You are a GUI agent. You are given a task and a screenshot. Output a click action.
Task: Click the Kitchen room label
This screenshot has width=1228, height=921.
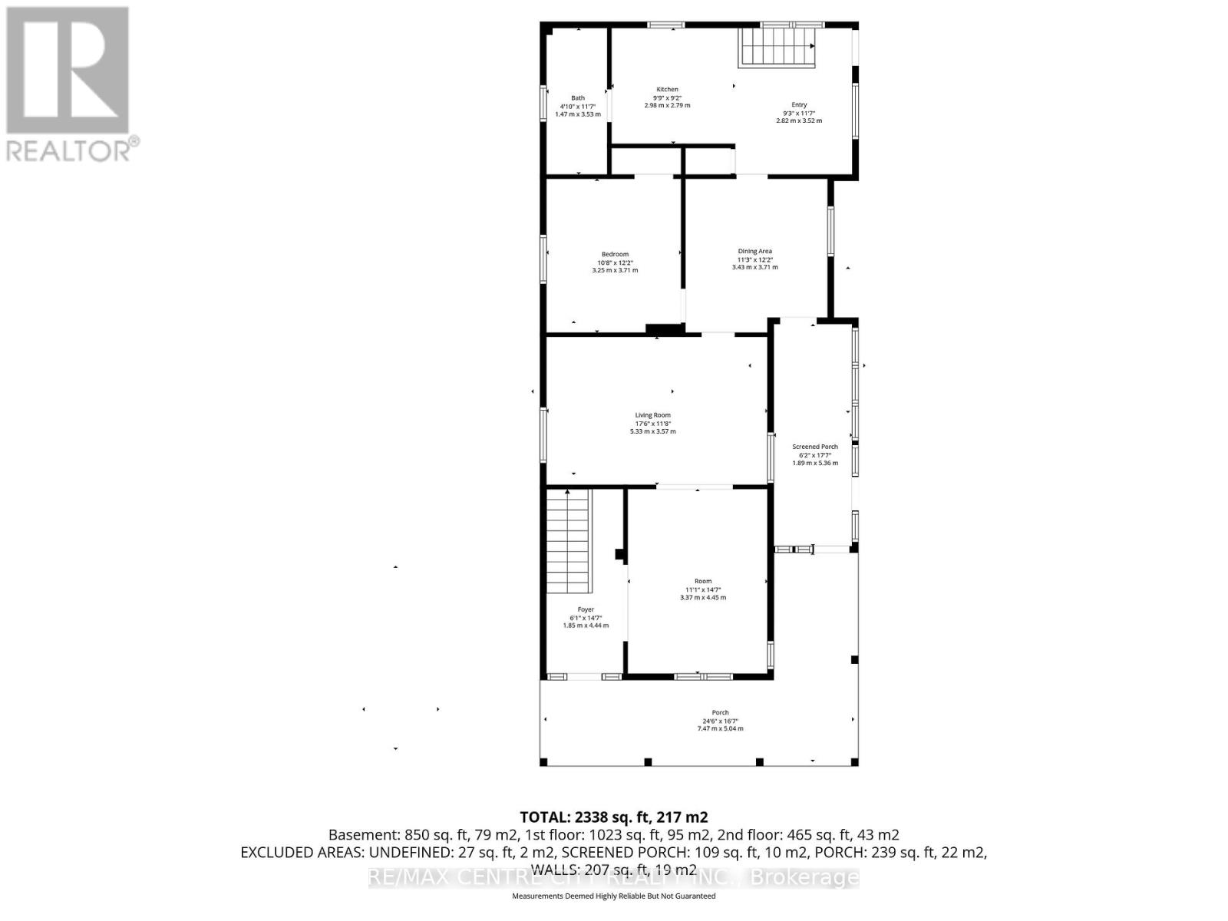pyautogui.click(x=667, y=90)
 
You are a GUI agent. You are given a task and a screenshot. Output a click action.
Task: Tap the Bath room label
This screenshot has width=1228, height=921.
pyautogui.click(x=577, y=98)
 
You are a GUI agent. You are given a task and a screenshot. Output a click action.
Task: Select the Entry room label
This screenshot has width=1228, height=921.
pyautogui.click(x=799, y=105)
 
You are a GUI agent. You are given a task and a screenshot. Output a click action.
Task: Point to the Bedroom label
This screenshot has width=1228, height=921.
pyautogui.click(x=615, y=255)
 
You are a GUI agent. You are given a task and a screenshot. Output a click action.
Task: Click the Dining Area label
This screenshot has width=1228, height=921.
pyautogui.click(x=754, y=252)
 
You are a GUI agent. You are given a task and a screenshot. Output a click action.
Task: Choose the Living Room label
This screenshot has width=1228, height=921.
pyautogui.click(x=652, y=415)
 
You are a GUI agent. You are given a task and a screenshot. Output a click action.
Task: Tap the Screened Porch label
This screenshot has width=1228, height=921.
pyautogui.click(x=815, y=447)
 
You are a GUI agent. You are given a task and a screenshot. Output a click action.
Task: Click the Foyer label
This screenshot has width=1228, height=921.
pyautogui.click(x=586, y=610)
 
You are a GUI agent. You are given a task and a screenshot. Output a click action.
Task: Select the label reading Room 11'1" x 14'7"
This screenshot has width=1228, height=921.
pyautogui.click(x=703, y=589)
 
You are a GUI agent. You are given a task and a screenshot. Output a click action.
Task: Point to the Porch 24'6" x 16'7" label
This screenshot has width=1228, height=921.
pyautogui.click(x=720, y=721)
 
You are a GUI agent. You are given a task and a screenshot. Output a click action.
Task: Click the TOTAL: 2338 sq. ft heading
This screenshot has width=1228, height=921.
pyautogui.click(x=613, y=817)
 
